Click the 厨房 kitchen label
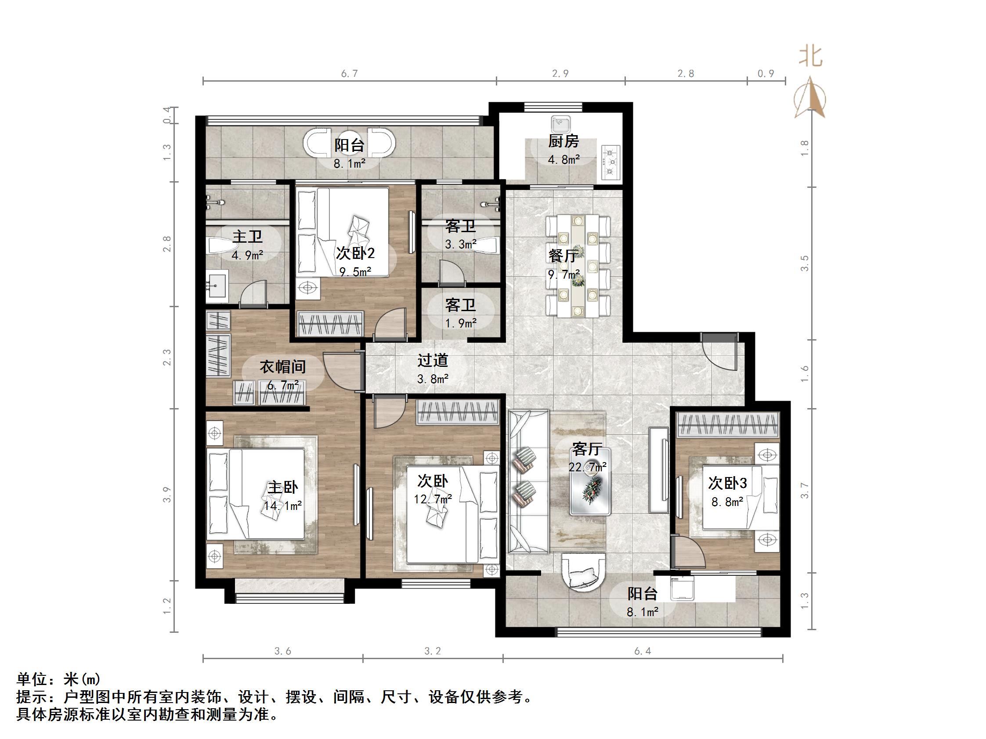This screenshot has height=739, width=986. (x=563, y=142)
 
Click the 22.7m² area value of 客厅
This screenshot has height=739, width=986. (x=587, y=467)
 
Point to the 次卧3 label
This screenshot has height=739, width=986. (x=727, y=483)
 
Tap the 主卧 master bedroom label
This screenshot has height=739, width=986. (x=282, y=487)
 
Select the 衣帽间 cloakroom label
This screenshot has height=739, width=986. (x=282, y=367)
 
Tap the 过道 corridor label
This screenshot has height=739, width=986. (x=432, y=360)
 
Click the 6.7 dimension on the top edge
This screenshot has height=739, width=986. (x=350, y=73)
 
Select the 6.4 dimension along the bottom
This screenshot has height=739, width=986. (x=642, y=651)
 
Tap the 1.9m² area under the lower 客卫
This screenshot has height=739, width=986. (x=460, y=323)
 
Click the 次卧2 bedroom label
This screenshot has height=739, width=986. (x=355, y=254)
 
